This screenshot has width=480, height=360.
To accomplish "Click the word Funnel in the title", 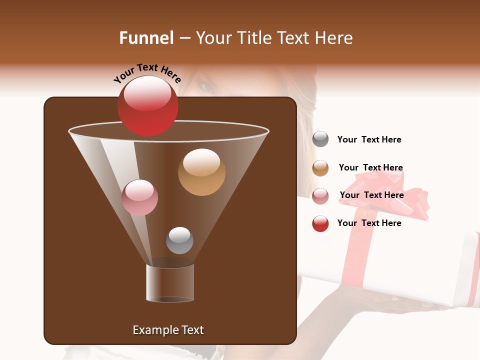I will tap(146, 38).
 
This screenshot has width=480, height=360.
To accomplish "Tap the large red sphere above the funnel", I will tap(147, 106).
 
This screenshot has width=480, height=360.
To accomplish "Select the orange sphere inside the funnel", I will tap(201, 172).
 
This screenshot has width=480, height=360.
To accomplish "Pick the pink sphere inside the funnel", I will tap(139, 197).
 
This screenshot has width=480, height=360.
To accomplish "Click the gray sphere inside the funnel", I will tap(179, 240).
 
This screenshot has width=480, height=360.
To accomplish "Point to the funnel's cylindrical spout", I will tap(170, 283).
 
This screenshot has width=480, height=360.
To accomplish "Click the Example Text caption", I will tap(168, 330).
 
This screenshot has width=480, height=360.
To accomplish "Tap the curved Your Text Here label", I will tap(147, 73).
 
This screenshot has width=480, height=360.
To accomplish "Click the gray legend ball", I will tap(320, 139).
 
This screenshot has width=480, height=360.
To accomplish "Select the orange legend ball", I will tap(320, 168).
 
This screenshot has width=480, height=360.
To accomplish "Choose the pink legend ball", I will tap(320, 196).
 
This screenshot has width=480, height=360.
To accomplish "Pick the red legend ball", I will tap(320, 223).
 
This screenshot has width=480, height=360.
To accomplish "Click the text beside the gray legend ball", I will tap(369, 140).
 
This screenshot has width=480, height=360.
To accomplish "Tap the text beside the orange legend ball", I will tap(370, 167).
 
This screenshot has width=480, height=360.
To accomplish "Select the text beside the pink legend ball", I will tap(371, 195).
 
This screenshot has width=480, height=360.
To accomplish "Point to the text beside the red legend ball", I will tap(369, 223).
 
